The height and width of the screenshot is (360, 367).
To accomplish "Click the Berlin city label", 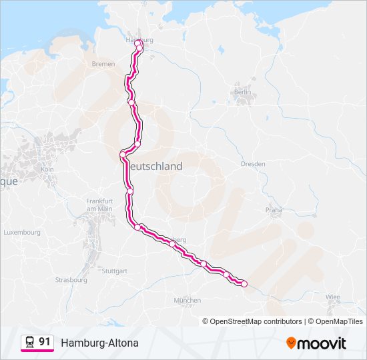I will (242, 93).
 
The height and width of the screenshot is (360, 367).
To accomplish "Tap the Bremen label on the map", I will (103, 64).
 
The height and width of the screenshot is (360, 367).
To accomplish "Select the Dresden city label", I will (253, 163).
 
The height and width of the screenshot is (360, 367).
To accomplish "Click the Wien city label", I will (333, 297).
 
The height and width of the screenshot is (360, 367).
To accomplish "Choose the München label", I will (187, 301).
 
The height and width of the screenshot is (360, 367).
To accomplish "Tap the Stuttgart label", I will (115, 271).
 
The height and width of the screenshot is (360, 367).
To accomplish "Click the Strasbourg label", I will (71, 280).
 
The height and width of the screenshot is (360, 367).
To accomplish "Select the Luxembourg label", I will (22, 233).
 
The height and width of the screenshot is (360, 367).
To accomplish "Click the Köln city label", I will (47, 169).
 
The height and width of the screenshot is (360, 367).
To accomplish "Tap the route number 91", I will (45, 342).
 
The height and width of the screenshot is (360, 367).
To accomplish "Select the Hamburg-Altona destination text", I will (99, 343).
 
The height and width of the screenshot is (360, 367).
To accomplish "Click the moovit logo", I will (316, 343).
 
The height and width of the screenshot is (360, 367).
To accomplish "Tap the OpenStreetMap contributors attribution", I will (252, 321).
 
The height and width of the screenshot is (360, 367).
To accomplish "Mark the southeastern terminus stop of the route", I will (244, 284).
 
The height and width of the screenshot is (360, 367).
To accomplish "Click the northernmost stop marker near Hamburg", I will (138, 43).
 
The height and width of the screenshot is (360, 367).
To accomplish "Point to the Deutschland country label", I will (153, 167).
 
